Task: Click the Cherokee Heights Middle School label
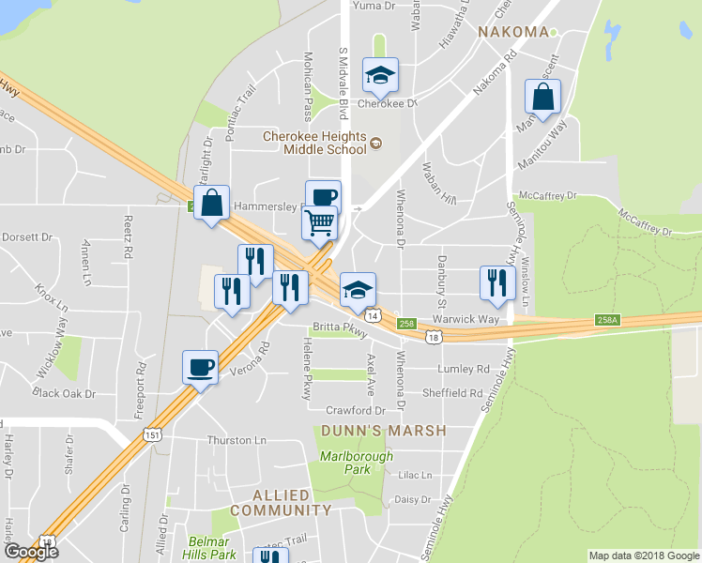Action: point(314,142)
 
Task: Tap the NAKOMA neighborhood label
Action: point(512,32)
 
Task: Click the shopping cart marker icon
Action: point(319,223)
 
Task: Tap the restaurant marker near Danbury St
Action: point(497,282)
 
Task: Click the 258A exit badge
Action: point(607,320)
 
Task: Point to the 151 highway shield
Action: point(153,434)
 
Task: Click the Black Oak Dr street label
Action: point(64,393)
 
